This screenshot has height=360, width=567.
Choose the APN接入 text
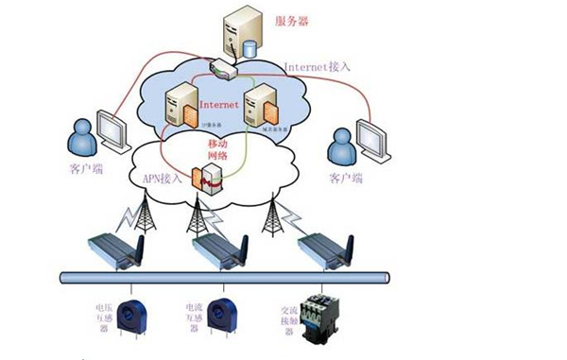[x=162, y=176]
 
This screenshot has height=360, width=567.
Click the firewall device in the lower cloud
[x=208, y=179]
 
